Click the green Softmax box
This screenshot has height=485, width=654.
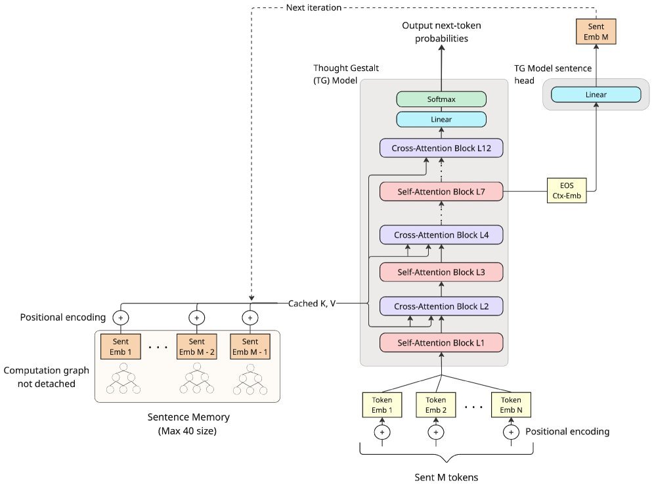[441, 99]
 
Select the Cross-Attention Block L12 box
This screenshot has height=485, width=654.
[441, 148]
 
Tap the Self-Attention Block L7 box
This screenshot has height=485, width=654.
[441, 191]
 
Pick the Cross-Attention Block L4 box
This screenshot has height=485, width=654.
[441, 235]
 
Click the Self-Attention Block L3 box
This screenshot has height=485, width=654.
[441, 272]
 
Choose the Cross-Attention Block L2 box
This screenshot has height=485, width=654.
[441, 306]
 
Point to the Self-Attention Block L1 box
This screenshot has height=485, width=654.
[441, 342]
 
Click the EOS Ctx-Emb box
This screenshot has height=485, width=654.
[567, 191]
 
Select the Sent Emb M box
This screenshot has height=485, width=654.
[596, 30]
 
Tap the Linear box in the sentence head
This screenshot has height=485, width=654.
[596, 95]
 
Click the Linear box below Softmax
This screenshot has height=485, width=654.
[441, 119]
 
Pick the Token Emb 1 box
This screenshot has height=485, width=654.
[382, 405]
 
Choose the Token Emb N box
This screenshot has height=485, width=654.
[511, 405]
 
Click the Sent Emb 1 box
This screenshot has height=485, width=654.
[121, 346]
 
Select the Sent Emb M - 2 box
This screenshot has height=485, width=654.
[196, 346]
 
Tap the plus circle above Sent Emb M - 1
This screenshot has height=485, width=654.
[250, 317]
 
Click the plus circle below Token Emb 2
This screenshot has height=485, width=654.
[435, 432]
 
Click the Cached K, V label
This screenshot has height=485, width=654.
[313, 304]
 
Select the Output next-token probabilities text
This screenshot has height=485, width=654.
[436, 32]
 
